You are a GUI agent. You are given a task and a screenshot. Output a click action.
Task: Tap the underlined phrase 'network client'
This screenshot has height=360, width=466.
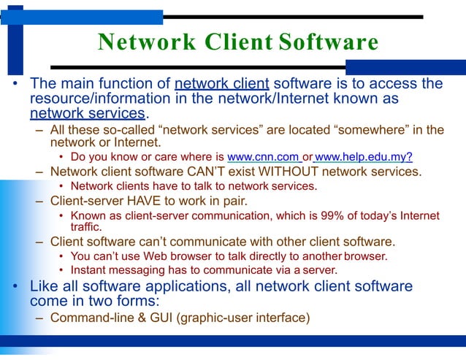coord(222,83)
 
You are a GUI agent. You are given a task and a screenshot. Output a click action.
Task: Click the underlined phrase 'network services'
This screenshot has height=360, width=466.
coord(87,113)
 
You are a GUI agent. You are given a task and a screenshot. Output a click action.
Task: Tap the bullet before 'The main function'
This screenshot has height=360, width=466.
coord(14,84)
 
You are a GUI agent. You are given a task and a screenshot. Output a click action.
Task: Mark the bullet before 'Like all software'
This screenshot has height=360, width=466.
coord(14,286)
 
